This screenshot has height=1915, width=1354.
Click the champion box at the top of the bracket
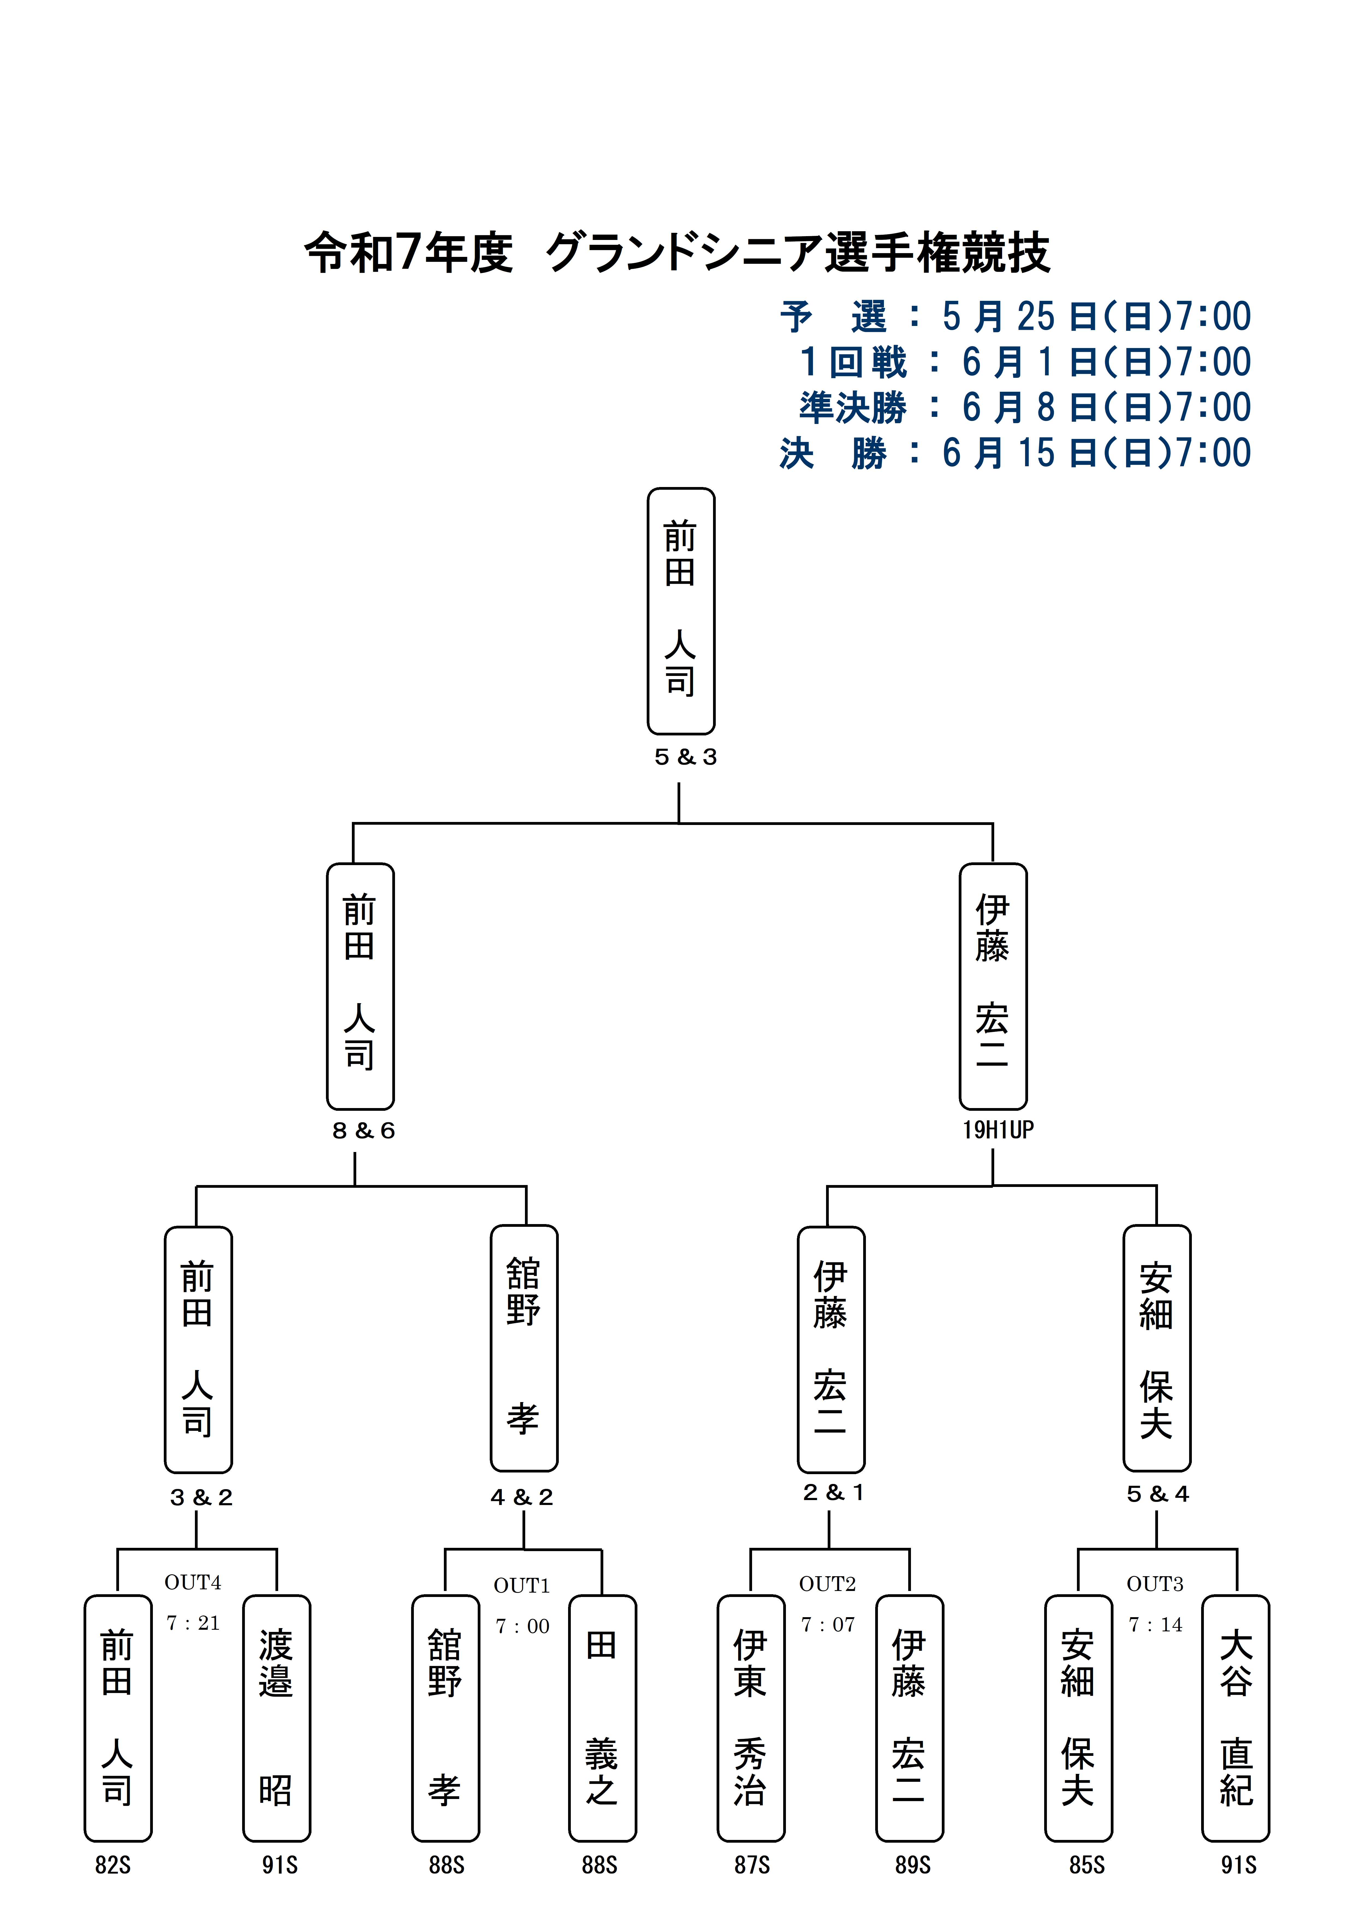pos(681,610)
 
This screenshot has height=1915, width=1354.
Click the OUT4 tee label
pos(193,1582)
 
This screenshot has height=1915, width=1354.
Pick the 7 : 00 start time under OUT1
pos(522,1626)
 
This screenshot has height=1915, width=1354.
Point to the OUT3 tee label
pos(1155,1584)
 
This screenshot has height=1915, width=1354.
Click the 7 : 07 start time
pos(828,1625)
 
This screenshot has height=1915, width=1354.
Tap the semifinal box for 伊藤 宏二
pos(993,986)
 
